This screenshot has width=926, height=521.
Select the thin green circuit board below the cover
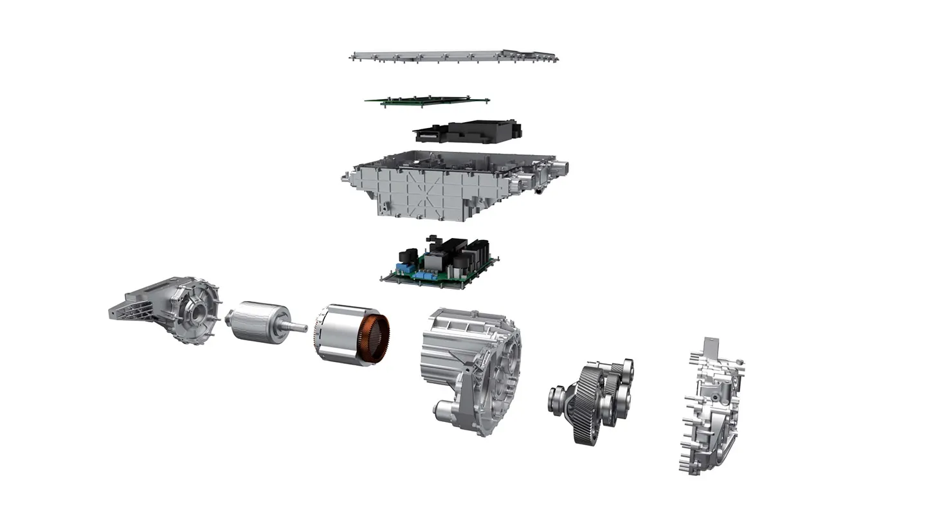coord(424,100)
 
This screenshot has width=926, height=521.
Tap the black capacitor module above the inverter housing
coord(468,131)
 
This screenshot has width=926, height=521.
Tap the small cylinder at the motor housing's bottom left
coord(444,408)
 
